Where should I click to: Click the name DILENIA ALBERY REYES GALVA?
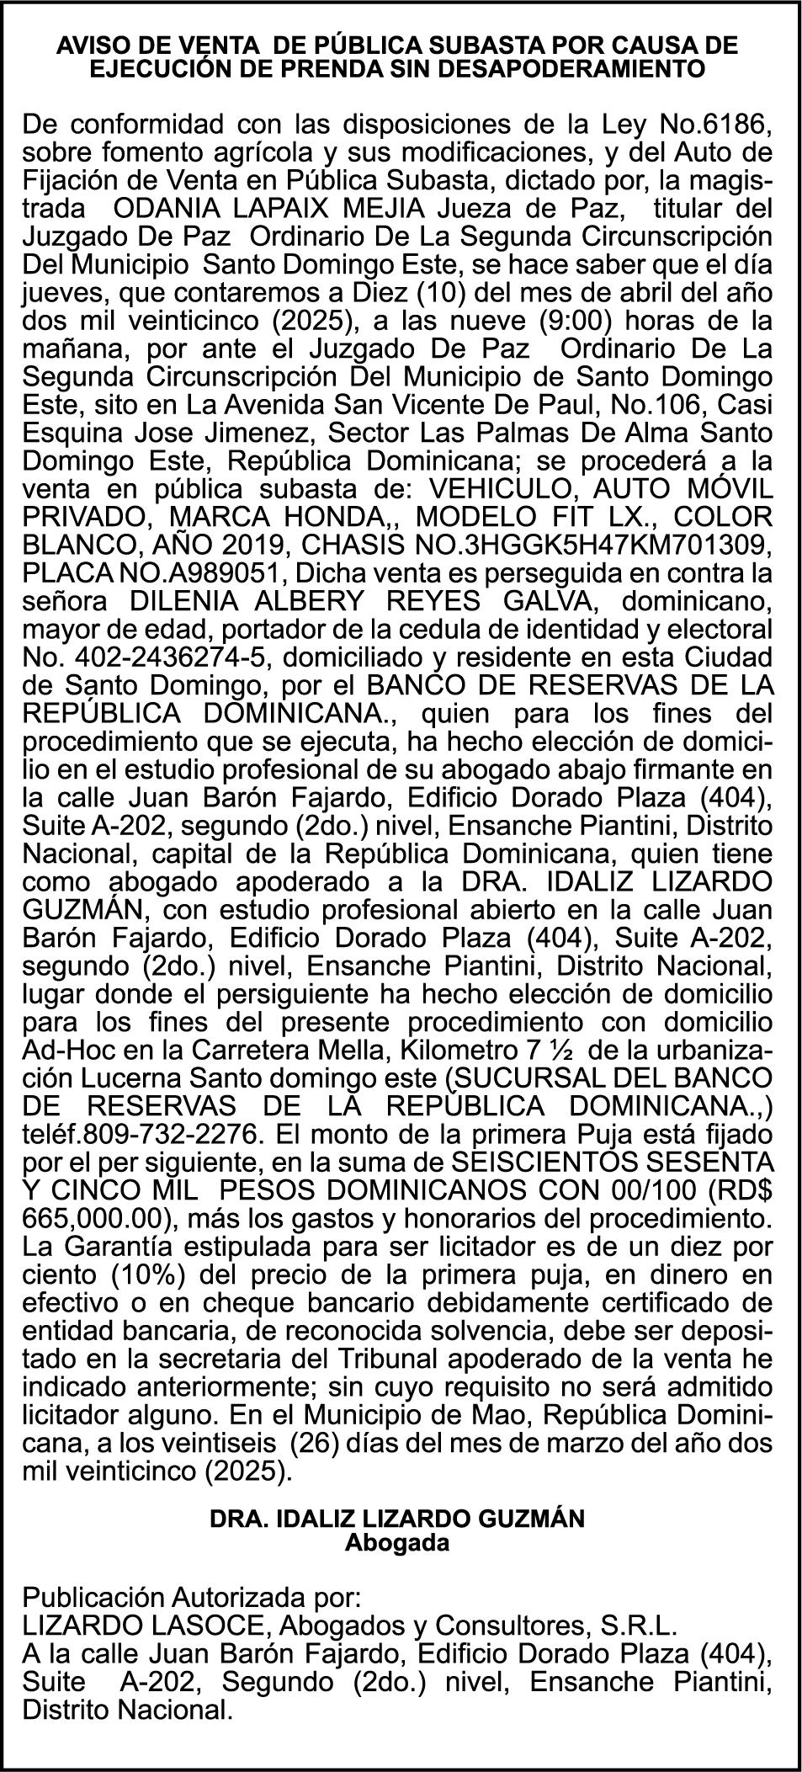pos(363,603)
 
